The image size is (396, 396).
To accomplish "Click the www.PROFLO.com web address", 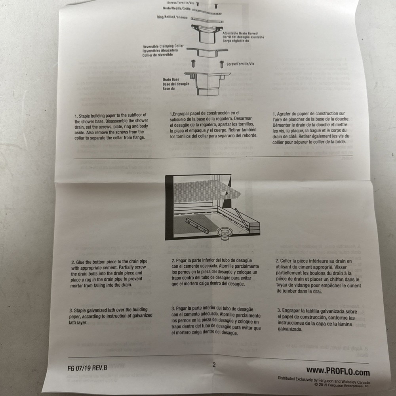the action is (338, 371).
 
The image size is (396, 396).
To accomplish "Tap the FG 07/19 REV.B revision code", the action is (88, 368).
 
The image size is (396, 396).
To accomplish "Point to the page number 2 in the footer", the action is (214, 365).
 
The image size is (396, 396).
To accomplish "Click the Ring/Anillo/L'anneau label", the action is (172, 17).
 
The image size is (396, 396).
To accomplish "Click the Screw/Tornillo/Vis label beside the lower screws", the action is (240, 64).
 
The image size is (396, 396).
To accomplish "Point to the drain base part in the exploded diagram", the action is (208, 84).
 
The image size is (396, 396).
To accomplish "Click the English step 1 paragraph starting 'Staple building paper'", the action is (111, 127).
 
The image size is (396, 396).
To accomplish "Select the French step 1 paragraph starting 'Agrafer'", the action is (311, 128).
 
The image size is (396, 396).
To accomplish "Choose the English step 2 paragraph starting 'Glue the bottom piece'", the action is (109, 273).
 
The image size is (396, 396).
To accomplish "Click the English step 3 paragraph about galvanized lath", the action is (110, 316).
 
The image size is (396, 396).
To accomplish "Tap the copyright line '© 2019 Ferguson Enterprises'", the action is (342, 385).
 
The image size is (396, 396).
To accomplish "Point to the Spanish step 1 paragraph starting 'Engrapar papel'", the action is (213, 124).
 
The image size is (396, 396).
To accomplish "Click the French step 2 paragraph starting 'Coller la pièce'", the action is (318, 276).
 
